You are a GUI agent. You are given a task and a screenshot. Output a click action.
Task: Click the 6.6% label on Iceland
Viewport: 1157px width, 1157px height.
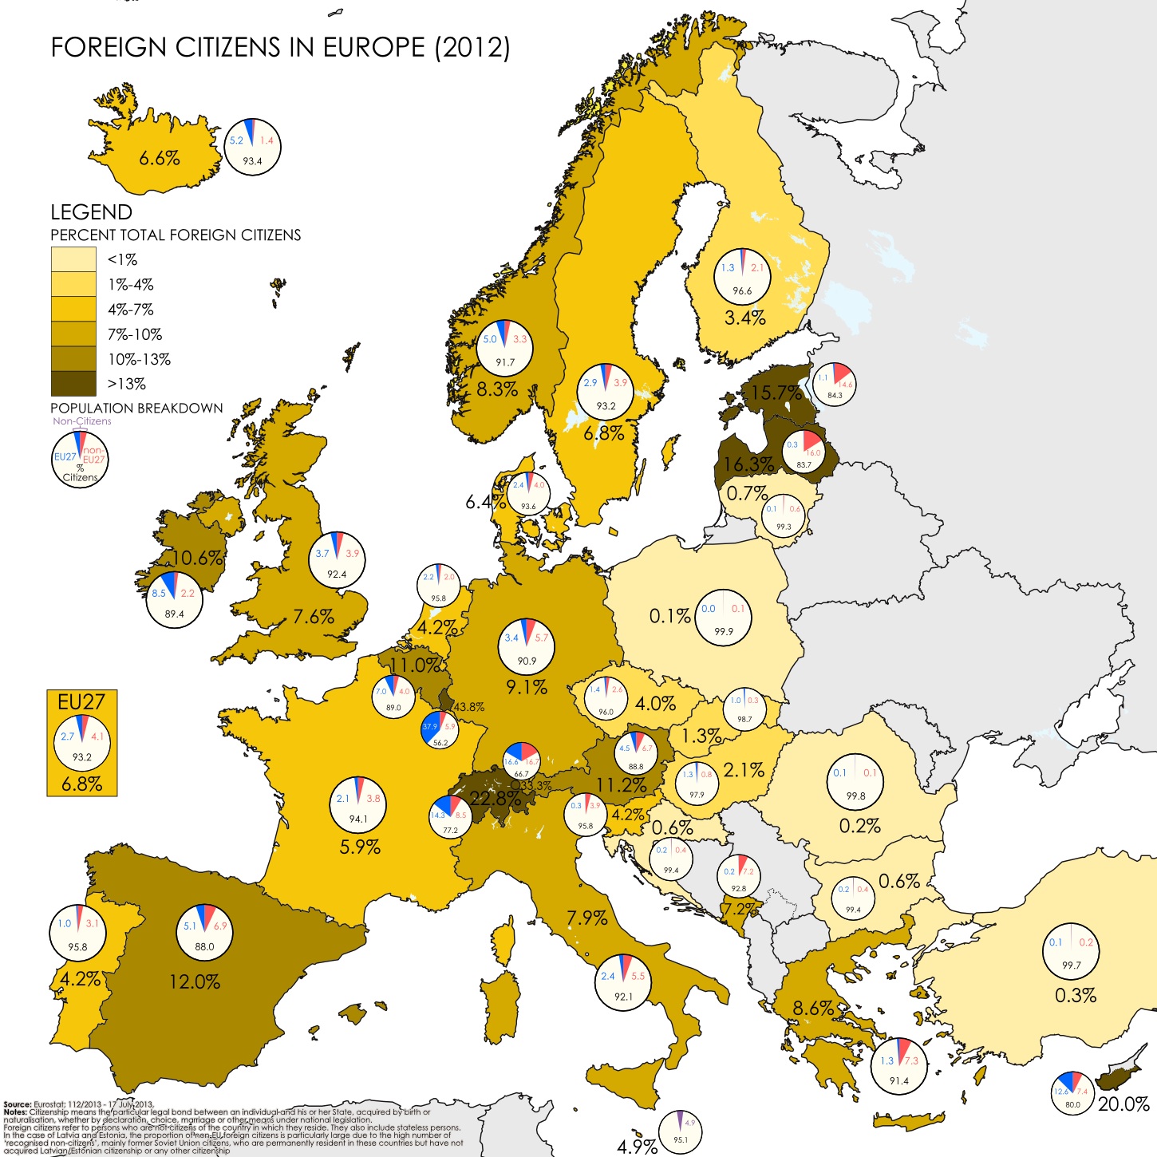[x=160, y=158]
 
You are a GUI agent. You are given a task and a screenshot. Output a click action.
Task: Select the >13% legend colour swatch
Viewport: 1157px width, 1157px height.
[x=73, y=384]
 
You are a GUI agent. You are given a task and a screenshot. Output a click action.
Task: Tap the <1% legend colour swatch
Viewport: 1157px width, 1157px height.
[x=73, y=259]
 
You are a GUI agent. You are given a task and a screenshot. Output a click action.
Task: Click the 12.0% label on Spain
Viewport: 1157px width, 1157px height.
[x=195, y=981]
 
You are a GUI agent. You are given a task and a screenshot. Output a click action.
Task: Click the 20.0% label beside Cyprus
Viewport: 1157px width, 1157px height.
[x=1123, y=1104]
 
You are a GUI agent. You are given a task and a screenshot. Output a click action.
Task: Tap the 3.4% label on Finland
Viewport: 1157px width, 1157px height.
[x=744, y=318]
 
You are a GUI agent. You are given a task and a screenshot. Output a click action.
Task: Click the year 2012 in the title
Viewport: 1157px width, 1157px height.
[x=472, y=48]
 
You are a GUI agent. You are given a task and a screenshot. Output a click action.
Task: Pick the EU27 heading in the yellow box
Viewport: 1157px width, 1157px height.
[x=81, y=702]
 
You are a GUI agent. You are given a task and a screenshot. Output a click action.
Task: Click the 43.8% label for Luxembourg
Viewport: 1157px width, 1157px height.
[x=468, y=707]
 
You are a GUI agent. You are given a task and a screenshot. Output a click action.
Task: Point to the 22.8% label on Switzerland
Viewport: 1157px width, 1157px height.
[x=496, y=798]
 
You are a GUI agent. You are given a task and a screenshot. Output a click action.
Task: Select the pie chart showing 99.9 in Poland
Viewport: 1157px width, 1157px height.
[x=723, y=617]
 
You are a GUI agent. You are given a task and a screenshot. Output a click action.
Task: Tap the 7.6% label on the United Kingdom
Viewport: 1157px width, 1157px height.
[x=314, y=617]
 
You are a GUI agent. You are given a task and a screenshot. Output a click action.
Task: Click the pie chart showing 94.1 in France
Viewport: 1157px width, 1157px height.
[x=358, y=805]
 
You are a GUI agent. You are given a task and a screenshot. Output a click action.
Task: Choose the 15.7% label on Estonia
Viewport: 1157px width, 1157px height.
[x=776, y=393]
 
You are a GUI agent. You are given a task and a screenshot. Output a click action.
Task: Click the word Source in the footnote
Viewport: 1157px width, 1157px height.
[x=17, y=1104]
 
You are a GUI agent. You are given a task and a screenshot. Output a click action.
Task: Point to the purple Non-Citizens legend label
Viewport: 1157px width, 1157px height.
[x=82, y=421]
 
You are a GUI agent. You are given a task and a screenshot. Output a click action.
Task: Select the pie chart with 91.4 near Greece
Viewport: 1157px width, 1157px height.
[x=899, y=1067]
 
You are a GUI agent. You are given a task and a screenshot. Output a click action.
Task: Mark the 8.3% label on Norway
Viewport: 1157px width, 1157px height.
[x=497, y=389]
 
